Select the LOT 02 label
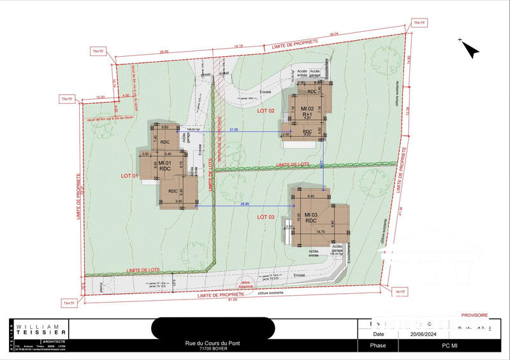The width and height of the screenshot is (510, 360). (x=266, y=111)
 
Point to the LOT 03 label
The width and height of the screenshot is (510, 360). (x=266, y=217)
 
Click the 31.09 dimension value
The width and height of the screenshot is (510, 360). (x=234, y=129)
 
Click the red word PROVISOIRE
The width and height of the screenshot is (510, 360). (x=474, y=315)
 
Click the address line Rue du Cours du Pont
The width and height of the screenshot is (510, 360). (x=213, y=345)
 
